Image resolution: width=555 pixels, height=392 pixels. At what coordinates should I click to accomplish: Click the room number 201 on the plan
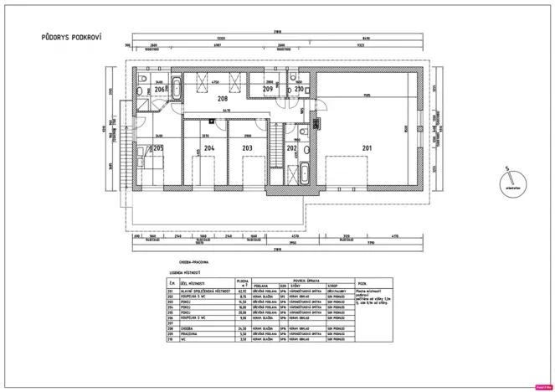click(x=366, y=148)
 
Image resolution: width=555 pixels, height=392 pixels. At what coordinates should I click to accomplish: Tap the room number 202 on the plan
click(x=291, y=148)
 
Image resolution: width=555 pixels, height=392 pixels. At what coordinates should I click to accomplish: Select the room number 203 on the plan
click(x=246, y=148)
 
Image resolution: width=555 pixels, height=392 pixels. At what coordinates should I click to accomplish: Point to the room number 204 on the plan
click(x=209, y=148)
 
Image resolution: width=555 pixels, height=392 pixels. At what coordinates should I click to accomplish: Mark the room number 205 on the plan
click(x=158, y=147)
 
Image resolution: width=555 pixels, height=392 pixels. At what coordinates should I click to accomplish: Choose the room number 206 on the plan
click(x=159, y=88)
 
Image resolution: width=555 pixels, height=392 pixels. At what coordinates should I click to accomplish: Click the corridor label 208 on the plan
click(x=222, y=98)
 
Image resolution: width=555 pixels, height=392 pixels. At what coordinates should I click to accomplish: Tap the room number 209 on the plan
click(x=268, y=88)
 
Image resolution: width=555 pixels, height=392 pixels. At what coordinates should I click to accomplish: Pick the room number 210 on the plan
click(x=299, y=88)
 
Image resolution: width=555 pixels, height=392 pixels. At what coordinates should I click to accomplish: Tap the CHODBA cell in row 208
click(x=182, y=328)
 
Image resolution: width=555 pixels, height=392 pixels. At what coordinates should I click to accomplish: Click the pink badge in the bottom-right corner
click(x=542, y=387)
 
